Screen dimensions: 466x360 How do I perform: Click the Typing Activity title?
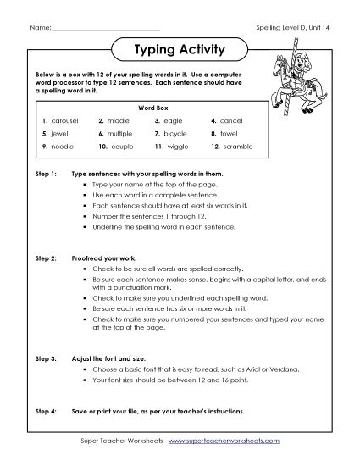click(x=180, y=50)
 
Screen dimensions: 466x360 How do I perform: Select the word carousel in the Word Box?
click(x=64, y=121)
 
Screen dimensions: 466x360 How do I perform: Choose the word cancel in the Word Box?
click(x=231, y=121)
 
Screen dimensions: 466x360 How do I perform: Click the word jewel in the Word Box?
click(x=59, y=134)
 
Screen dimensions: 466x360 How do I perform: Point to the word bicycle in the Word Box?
click(x=177, y=134)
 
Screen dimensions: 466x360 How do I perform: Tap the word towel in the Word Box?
click(x=230, y=134)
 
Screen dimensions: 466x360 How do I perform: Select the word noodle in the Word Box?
click(x=63, y=147)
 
